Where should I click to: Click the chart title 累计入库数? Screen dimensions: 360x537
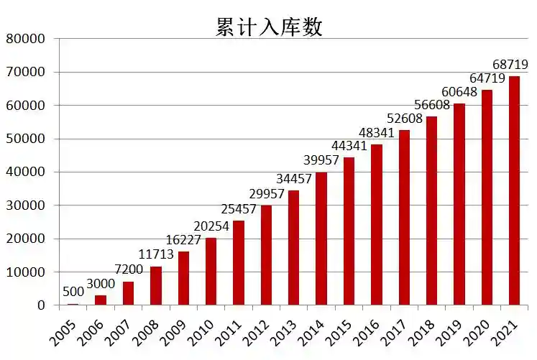269,27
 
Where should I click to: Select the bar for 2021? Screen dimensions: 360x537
514,190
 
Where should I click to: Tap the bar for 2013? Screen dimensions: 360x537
293,247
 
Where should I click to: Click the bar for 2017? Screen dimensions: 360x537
404,217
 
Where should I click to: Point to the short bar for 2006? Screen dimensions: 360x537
101,300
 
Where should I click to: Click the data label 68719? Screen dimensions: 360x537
510,65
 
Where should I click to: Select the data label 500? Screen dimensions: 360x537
73,292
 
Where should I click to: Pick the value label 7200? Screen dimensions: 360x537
128,270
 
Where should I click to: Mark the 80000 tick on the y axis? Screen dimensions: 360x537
25,39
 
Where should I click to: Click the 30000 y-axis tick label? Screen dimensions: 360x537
25,206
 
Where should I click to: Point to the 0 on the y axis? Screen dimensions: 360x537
40,305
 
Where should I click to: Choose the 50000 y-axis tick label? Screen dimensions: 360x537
25,139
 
